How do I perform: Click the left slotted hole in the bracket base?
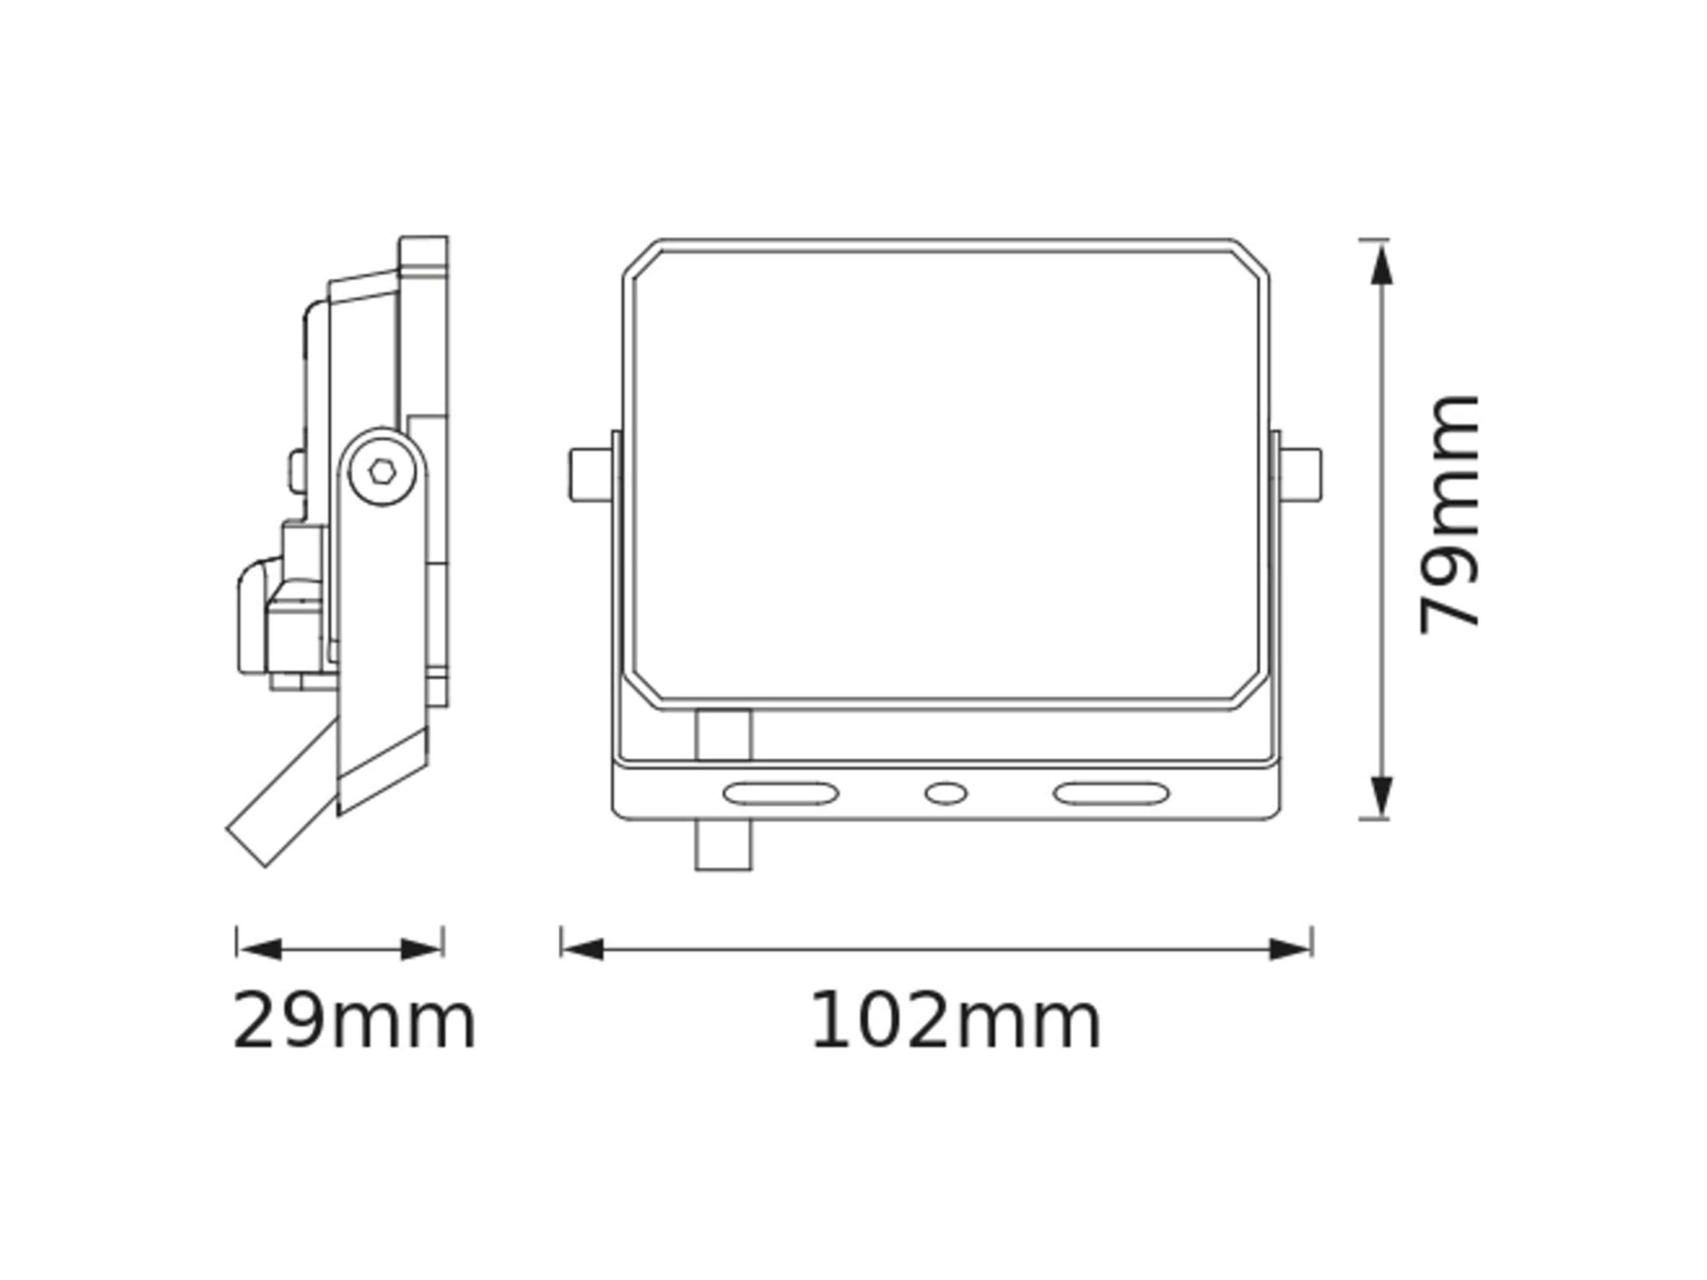click(x=780, y=793)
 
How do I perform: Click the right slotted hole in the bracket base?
click(x=1111, y=793)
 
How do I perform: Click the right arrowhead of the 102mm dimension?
click(x=1290, y=950)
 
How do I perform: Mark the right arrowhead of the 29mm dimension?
click(x=421, y=950)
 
